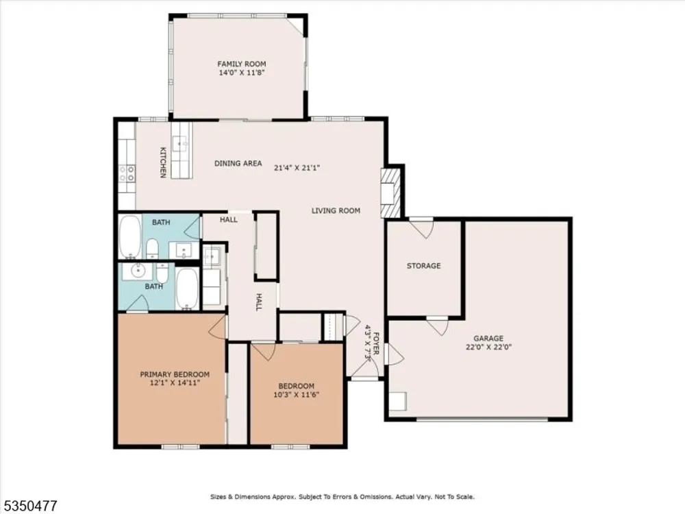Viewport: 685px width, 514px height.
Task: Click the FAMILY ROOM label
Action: pyautogui.click(x=242, y=64)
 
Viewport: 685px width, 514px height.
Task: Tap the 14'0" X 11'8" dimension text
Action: pyautogui.click(x=242, y=73)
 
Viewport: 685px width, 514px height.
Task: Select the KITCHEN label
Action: pyautogui.click(x=162, y=162)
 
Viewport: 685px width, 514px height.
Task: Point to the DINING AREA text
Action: pyautogui.click(x=238, y=164)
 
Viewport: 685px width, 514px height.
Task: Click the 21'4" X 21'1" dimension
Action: pyautogui.click(x=297, y=167)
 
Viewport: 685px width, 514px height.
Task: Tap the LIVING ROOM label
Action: pyautogui.click(x=336, y=210)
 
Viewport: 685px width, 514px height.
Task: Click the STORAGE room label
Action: pyautogui.click(x=424, y=266)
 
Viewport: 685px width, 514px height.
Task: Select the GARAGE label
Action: pyautogui.click(x=488, y=339)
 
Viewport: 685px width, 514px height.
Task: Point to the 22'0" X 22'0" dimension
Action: pyautogui.click(x=488, y=347)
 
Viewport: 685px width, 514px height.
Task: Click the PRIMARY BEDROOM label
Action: pyautogui.click(x=175, y=375)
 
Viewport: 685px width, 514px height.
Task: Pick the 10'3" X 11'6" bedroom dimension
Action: pyautogui.click(x=296, y=395)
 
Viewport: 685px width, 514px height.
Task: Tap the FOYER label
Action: pyautogui.click(x=376, y=344)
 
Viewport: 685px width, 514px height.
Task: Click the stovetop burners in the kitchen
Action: pyautogui.click(x=127, y=173)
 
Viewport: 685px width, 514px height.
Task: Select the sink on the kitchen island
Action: pyautogui.click(x=182, y=143)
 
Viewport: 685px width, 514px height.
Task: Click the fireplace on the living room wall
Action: pyautogui.click(x=390, y=192)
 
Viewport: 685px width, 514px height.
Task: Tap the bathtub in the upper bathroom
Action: pyautogui.click(x=130, y=237)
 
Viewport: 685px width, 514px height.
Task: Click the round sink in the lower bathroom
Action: pyautogui.click(x=138, y=271)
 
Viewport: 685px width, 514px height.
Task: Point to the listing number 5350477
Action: pyautogui.click(x=29, y=506)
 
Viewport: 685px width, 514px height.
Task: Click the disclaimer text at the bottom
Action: pyautogui.click(x=342, y=497)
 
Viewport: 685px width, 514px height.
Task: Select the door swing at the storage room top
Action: pyautogui.click(x=423, y=228)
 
